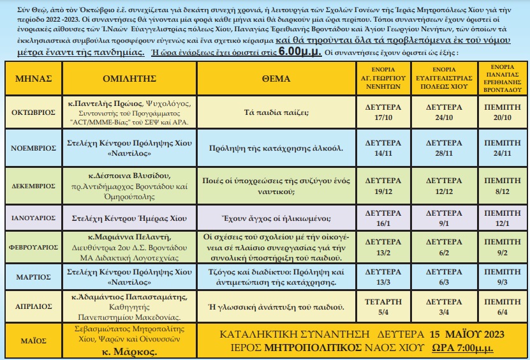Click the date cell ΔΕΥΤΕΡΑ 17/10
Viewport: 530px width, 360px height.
click(382, 112)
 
